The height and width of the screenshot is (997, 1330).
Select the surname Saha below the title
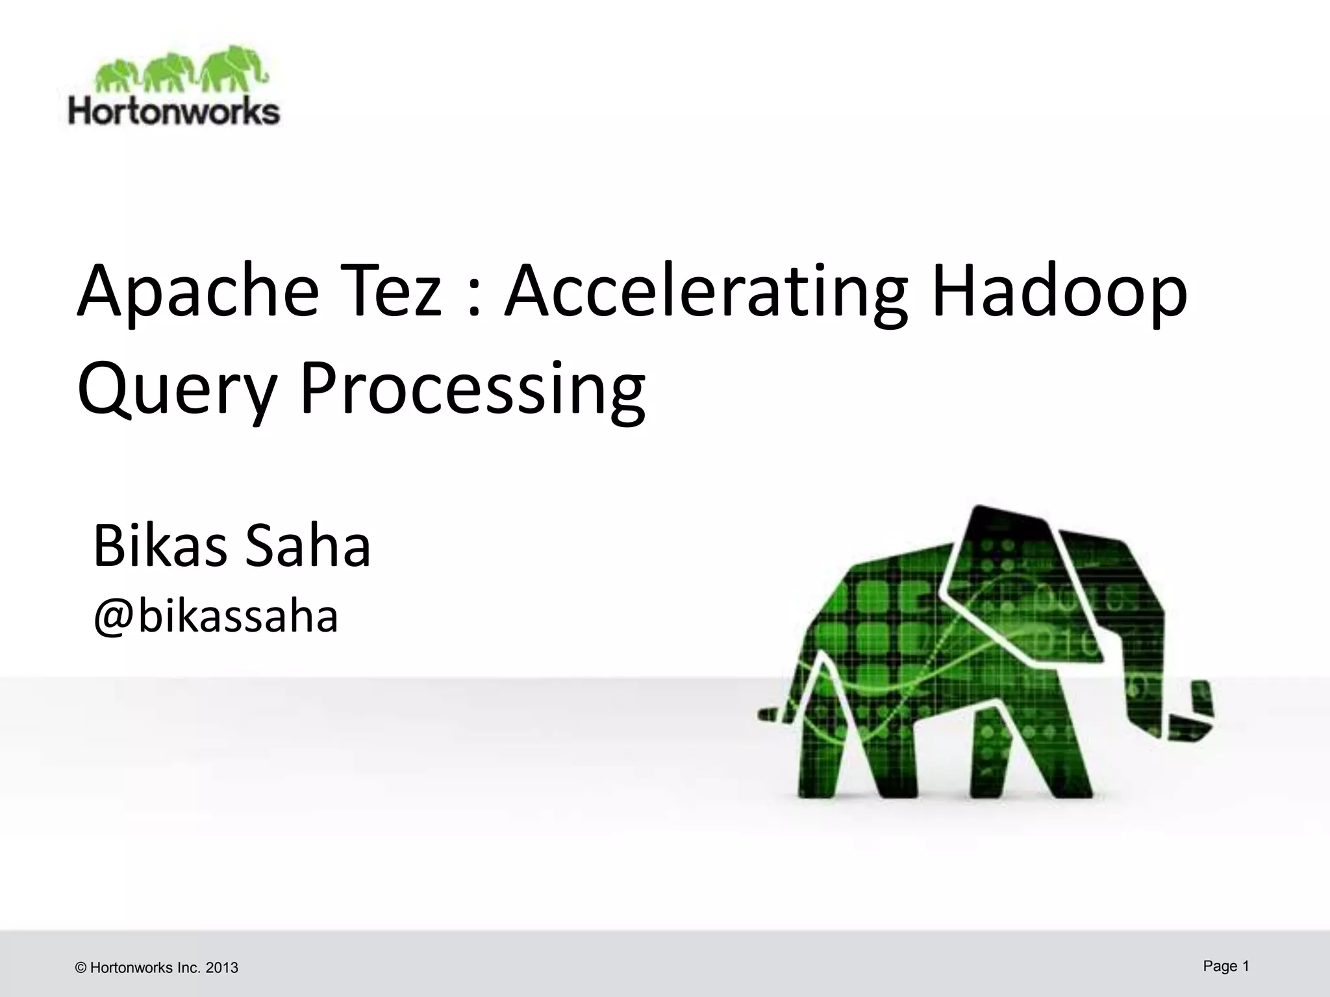tap(307, 546)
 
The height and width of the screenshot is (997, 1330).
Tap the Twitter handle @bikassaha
tap(216, 616)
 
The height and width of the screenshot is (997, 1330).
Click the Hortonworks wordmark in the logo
tap(174, 111)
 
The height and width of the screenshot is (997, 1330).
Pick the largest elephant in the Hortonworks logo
tap(232, 68)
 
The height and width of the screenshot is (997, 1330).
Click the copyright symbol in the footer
tap(81, 968)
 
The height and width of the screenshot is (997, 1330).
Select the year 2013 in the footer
tap(222, 968)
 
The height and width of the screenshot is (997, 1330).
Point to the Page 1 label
tap(1226, 966)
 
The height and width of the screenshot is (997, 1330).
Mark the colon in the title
tap(473, 299)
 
